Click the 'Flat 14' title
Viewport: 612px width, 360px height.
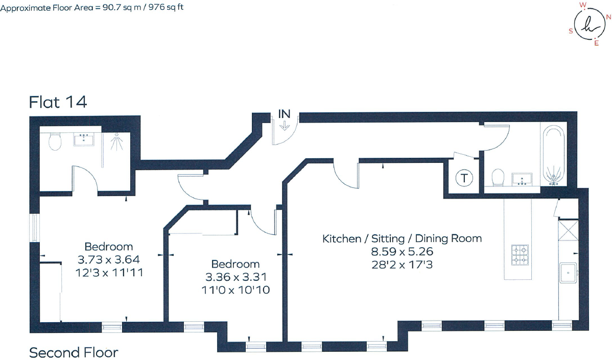[58, 102]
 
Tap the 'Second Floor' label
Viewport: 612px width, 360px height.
[74, 352]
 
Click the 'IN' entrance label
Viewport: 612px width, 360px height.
[285, 114]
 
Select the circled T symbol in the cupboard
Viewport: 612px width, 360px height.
[464, 179]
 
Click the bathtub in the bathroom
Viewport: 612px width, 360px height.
[553, 155]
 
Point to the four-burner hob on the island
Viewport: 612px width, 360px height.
[520, 254]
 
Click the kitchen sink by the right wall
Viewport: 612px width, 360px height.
[568, 273]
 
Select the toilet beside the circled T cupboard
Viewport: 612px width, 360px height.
[497, 178]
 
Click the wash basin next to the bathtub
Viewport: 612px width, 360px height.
[521, 179]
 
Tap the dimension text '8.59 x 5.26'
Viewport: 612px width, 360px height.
[402, 252]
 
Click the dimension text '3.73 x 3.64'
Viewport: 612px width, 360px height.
[108, 259]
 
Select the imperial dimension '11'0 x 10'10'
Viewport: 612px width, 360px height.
[236, 290]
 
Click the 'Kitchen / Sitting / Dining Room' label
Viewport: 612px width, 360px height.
[402, 238]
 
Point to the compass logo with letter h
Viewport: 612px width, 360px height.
[589, 26]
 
